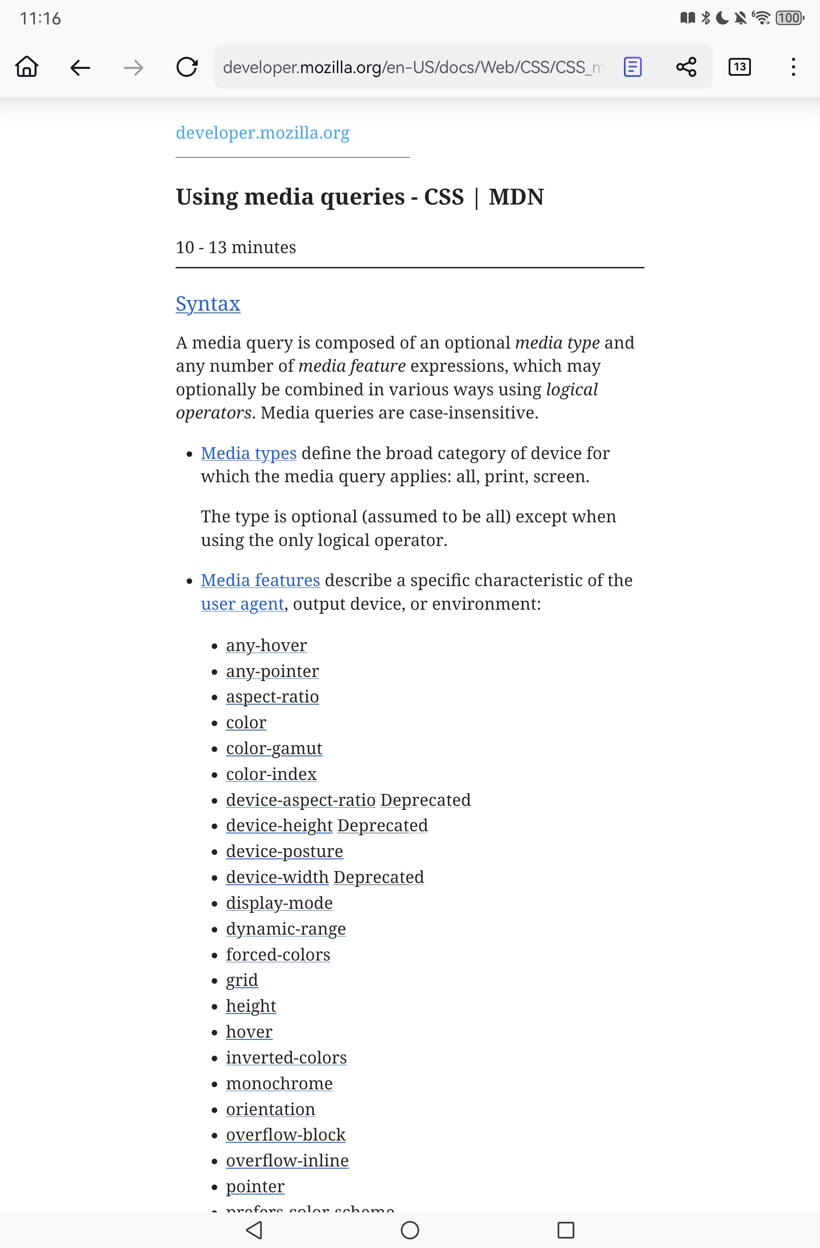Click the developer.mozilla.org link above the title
262,133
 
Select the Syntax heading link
208,304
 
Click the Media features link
260,580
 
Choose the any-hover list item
266,645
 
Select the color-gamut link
274,748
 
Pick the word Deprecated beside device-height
382,826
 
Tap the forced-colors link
278,955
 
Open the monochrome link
279,1084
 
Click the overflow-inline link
287,1161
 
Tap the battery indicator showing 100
790,18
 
